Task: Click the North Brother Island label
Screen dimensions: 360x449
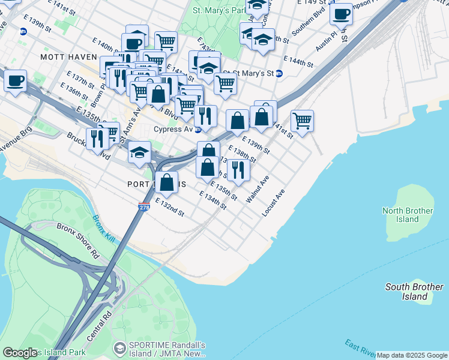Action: (408, 215)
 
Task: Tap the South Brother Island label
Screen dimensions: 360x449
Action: (415, 292)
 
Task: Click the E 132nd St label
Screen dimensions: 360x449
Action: (169, 207)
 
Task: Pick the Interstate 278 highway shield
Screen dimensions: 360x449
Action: (143, 207)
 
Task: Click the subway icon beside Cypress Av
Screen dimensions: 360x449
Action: (197, 129)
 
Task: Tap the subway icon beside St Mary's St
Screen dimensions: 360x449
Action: (279, 73)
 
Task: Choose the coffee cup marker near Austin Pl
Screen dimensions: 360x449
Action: (341, 13)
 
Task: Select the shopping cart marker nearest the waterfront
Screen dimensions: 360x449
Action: (303, 119)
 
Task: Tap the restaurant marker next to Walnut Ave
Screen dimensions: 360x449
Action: (238, 169)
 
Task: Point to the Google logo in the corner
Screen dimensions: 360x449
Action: (20, 353)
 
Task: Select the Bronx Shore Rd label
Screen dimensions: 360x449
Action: (77, 240)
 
